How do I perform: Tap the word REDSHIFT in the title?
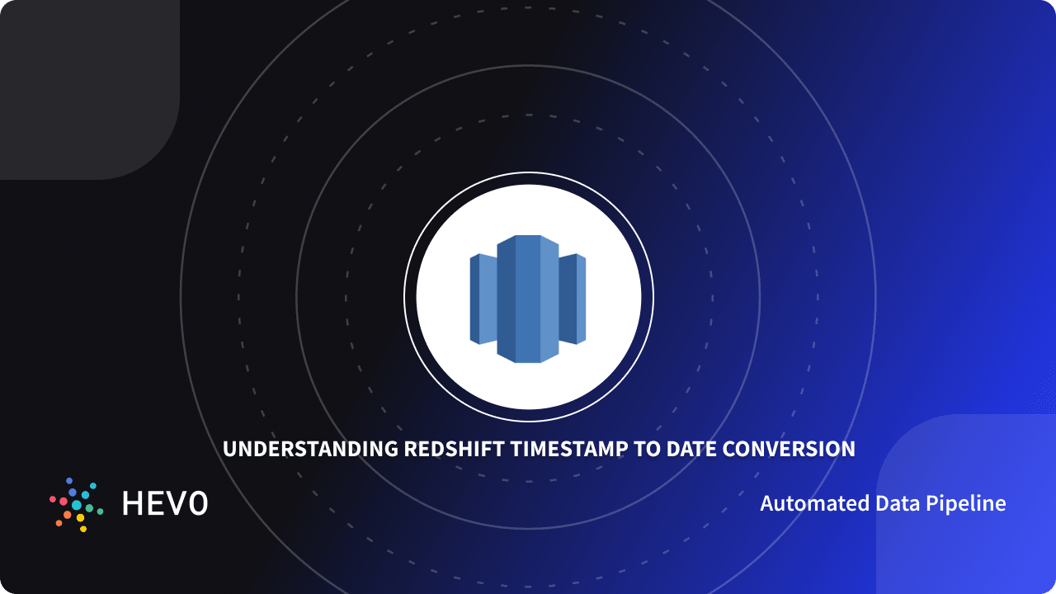[x=455, y=450]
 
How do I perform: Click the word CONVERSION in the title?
[x=790, y=450]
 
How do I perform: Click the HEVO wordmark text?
[x=165, y=503]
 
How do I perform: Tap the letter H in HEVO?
[x=134, y=503]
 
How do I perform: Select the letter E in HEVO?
[x=157, y=503]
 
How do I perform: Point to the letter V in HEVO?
[x=177, y=503]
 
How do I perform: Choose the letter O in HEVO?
[x=198, y=503]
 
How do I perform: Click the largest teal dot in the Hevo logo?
[x=77, y=505]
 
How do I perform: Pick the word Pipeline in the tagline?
[x=965, y=503]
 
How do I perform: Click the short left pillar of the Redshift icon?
[x=483, y=299]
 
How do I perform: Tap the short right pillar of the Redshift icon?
[x=573, y=299]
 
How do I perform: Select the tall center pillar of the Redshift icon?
[x=528, y=299]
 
